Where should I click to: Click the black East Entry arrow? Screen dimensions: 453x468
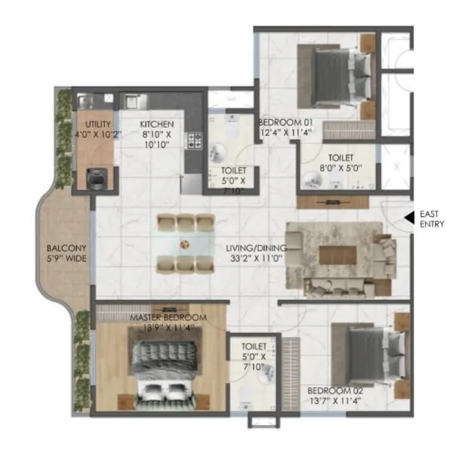click(408, 217)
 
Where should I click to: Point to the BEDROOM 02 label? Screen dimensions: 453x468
click(335, 390)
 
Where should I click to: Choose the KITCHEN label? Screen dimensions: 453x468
click(157, 124)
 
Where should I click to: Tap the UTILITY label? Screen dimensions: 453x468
click(98, 124)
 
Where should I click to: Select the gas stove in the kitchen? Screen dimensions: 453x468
click(195, 140)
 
